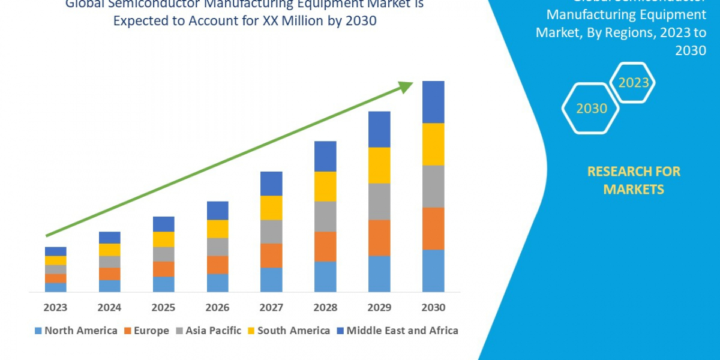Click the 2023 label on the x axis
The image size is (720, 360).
[55, 308]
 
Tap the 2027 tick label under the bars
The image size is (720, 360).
[271, 308]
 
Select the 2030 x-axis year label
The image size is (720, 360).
[433, 308]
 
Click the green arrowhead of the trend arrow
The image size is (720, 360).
[406, 88]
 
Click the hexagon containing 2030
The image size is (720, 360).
[591, 109]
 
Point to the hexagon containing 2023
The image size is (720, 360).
[633, 83]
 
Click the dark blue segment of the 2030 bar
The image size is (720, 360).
[433, 102]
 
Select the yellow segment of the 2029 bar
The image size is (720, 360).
[379, 165]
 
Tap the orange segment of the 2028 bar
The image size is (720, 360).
[325, 247]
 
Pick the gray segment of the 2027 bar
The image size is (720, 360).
[271, 232]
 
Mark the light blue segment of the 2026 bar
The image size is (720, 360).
[217, 283]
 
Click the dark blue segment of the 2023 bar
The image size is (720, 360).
[55, 251]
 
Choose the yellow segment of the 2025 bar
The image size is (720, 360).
[163, 239]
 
